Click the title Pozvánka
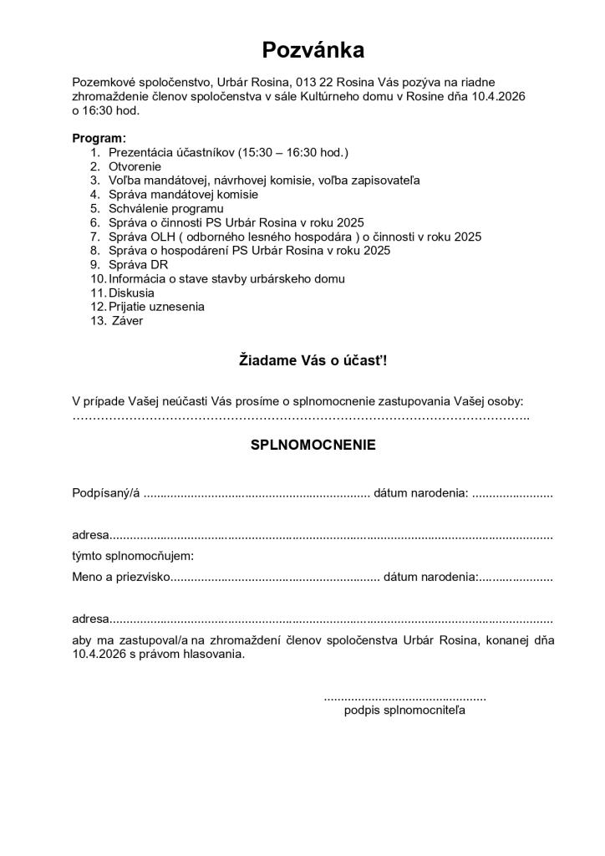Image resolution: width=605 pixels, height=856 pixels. pyautogui.click(x=313, y=50)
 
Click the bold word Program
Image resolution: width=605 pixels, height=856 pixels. pyautogui.click(x=99, y=138)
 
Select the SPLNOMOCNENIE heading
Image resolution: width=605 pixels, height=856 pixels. pyautogui.click(x=313, y=446)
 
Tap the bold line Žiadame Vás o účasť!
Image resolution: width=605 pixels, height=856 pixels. pyautogui.click(x=313, y=361)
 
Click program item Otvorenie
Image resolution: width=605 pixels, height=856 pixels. pyautogui.click(x=135, y=166)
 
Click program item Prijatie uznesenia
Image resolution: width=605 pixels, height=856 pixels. pyautogui.click(x=156, y=307)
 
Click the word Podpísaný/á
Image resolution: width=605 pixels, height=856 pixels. pyautogui.click(x=106, y=493)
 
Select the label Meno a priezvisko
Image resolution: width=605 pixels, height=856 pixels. pyautogui.click(x=121, y=577)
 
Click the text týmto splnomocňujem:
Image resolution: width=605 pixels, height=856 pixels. pyautogui.click(x=133, y=556)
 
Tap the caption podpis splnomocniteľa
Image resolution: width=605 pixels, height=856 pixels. pyautogui.click(x=404, y=711)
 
